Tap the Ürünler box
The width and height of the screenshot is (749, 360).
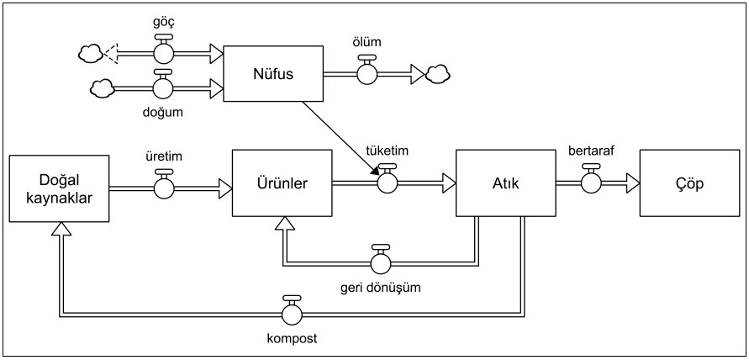[282, 183]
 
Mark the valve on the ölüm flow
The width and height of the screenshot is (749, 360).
[367, 74]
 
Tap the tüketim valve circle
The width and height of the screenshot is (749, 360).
[388, 182]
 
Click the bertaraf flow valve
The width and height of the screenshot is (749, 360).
[591, 182]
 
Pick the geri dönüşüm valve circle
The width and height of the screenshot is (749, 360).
[381, 262]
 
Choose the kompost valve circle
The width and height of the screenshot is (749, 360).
[293, 314]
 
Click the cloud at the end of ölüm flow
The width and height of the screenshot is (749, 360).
[437, 74]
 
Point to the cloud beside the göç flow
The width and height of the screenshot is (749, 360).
[90, 55]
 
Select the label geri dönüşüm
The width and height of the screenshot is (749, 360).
[381, 287]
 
